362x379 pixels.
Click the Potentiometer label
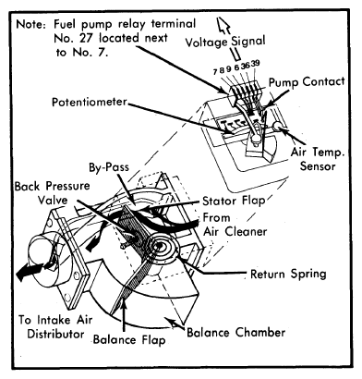click(90, 102)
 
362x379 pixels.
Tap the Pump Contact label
click(307, 82)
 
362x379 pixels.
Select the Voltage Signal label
click(225, 42)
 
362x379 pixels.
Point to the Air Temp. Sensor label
click(318, 159)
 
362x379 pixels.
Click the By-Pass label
click(109, 167)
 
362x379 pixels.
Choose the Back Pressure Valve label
click(52, 193)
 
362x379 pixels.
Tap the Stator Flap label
click(234, 202)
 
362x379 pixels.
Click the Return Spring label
click(288, 274)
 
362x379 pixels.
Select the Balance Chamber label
click(235, 333)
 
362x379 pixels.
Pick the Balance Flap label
click(129, 339)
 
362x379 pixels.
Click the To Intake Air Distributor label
click(55, 327)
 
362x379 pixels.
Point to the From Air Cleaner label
click(235, 225)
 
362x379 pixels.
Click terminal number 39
click(255, 63)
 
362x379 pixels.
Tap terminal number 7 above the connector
click(215, 71)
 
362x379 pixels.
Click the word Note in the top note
click(30, 24)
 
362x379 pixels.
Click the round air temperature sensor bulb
click(278, 127)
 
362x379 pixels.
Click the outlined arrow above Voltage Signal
click(223, 25)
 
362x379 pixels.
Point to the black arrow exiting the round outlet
click(30, 271)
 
